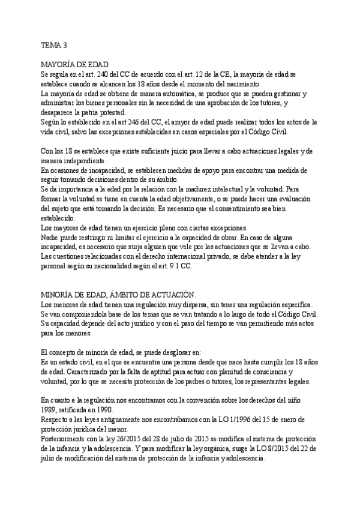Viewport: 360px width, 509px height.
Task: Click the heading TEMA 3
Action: [55, 44]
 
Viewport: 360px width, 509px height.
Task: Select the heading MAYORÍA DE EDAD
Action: [74, 64]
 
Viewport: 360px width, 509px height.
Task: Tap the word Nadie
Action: [50, 237]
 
